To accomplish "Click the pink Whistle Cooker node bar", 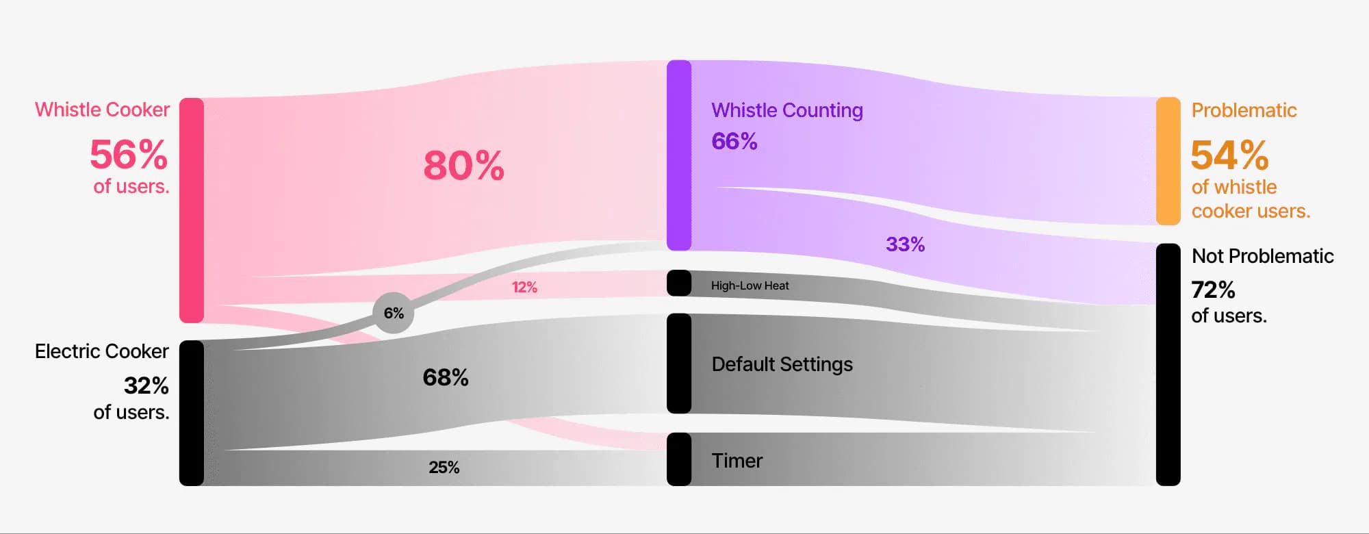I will [192, 210].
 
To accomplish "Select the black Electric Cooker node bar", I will [192, 413].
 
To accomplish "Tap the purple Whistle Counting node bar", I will [679, 155].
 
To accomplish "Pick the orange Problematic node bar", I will [1168, 161].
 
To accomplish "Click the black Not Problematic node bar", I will [1168, 364].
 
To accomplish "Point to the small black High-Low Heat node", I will [679, 283].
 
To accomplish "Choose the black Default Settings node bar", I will [679, 364].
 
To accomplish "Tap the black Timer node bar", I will [679, 459].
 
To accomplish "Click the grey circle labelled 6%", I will [394, 313].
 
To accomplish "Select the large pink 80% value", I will [463, 166].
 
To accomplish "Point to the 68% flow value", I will [446, 377].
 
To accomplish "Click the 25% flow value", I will [444, 467].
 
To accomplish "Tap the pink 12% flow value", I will [524, 287].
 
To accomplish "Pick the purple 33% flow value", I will [905, 244].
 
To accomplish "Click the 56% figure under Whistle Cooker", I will [129, 154].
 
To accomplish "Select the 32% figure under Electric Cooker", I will [146, 385].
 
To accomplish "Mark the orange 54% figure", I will [1229, 155].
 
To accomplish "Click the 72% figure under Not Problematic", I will [1213, 290].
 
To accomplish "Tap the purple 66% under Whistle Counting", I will [734, 141].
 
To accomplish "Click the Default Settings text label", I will [782, 364].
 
